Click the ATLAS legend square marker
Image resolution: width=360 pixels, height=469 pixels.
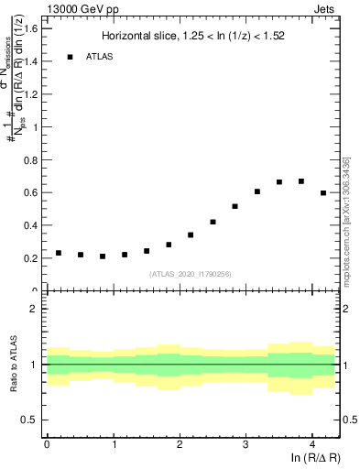pyautogui.click(x=69, y=57)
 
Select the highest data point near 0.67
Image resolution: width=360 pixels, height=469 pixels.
pyautogui.click(x=301, y=181)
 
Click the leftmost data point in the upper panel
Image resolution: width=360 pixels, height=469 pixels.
pyautogui.click(x=59, y=253)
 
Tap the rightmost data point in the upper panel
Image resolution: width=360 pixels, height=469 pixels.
pyautogui.click(x=323, y=193)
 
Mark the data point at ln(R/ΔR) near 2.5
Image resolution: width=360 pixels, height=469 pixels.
pyautogui.click(x=213, y=222)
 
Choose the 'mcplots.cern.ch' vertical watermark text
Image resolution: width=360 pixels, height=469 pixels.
pyautogui.click(x=346, y=219)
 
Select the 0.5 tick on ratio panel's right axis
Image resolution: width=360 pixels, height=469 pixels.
pyautogui.click(x=349, y=420)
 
